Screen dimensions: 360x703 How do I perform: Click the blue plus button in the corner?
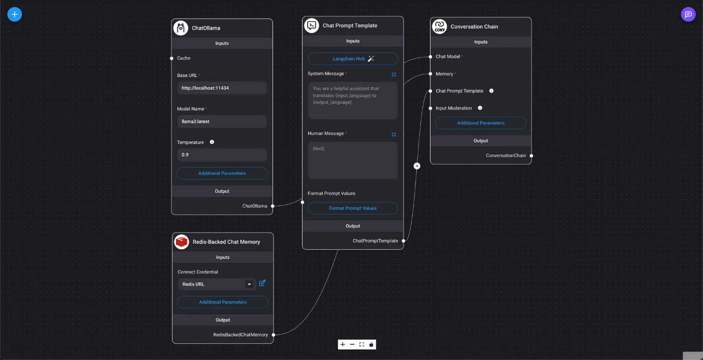point(14,14)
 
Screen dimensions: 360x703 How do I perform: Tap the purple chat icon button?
point(688,14)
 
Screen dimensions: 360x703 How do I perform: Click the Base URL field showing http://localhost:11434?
point(222,88)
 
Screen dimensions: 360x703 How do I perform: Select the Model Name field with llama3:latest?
point(222,121)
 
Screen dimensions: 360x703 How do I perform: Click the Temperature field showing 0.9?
point(222,155)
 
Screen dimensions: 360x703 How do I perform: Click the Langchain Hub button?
point(353,59)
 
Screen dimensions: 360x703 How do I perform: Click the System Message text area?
point(353,100)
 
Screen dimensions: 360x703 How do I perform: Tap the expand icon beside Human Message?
point(394,135)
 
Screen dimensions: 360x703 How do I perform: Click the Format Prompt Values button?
point(353,208)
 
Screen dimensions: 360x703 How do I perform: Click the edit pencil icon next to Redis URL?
point(262,283)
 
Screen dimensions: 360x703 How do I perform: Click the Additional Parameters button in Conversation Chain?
point(481,123)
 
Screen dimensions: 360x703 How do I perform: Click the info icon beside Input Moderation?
point(480,108)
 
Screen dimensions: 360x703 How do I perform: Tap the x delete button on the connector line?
point(417,166)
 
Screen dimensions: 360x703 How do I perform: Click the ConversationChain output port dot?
point(531,156)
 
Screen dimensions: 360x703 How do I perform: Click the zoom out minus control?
point(352,345)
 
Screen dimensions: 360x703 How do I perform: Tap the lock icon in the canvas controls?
point(371,345)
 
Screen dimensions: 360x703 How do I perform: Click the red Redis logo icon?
point(182,242)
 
